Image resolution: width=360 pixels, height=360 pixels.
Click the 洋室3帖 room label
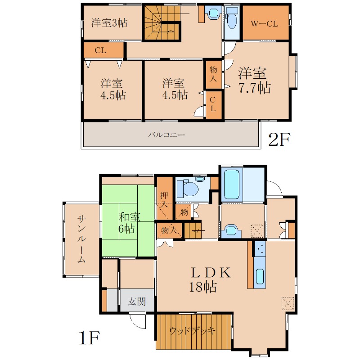click(x=109, y=23)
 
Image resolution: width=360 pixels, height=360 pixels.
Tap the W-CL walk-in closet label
click(x=264, y=24)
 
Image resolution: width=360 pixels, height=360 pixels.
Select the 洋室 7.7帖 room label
click(x=254, y=81)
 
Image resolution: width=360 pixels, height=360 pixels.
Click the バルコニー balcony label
click(x=166, y=135)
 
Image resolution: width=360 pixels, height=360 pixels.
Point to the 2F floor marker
click(x=279, y=139)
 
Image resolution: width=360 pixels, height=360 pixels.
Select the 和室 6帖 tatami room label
click(x=129, y=223)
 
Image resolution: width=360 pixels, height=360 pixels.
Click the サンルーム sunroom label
click(x=81, y=239)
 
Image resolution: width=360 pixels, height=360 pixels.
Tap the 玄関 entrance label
click(x=137, y=301)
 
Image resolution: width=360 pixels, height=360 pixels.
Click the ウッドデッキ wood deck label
click(x=193, y=331)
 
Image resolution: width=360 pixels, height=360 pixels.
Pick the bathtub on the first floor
click(x=232, y=185)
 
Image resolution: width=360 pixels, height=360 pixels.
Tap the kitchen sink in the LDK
click(x=260, y=276)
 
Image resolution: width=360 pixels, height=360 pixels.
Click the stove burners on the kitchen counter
click(x=260, y=249)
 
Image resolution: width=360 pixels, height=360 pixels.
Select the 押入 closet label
click(x=164, y=200)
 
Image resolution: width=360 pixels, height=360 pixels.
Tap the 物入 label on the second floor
click(x=213, y=74)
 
